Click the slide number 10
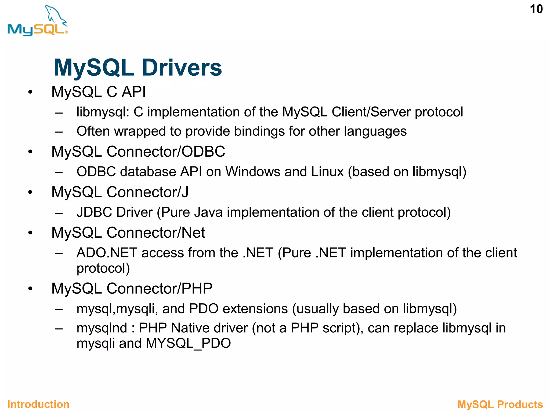(536, 9)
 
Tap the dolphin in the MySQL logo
(55, 15)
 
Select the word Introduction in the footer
(38, 404)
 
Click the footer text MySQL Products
(500, 404)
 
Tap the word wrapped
(139, 131)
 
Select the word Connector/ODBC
(166, 152)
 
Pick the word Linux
(327, 172)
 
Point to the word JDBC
(94, 212)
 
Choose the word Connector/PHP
(160, 289)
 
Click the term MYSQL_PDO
(188, 343)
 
